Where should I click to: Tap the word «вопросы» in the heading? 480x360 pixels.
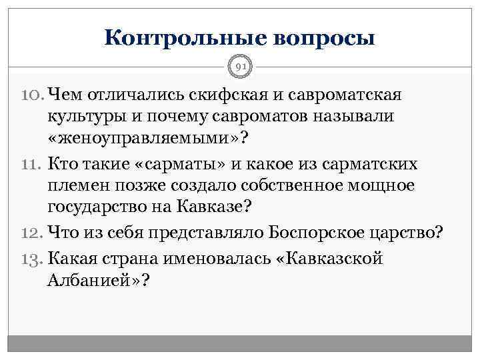(x=322, y=36)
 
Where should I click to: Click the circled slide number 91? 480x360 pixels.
(x=240, y=65)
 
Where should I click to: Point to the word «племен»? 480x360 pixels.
(x=81, y=187)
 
